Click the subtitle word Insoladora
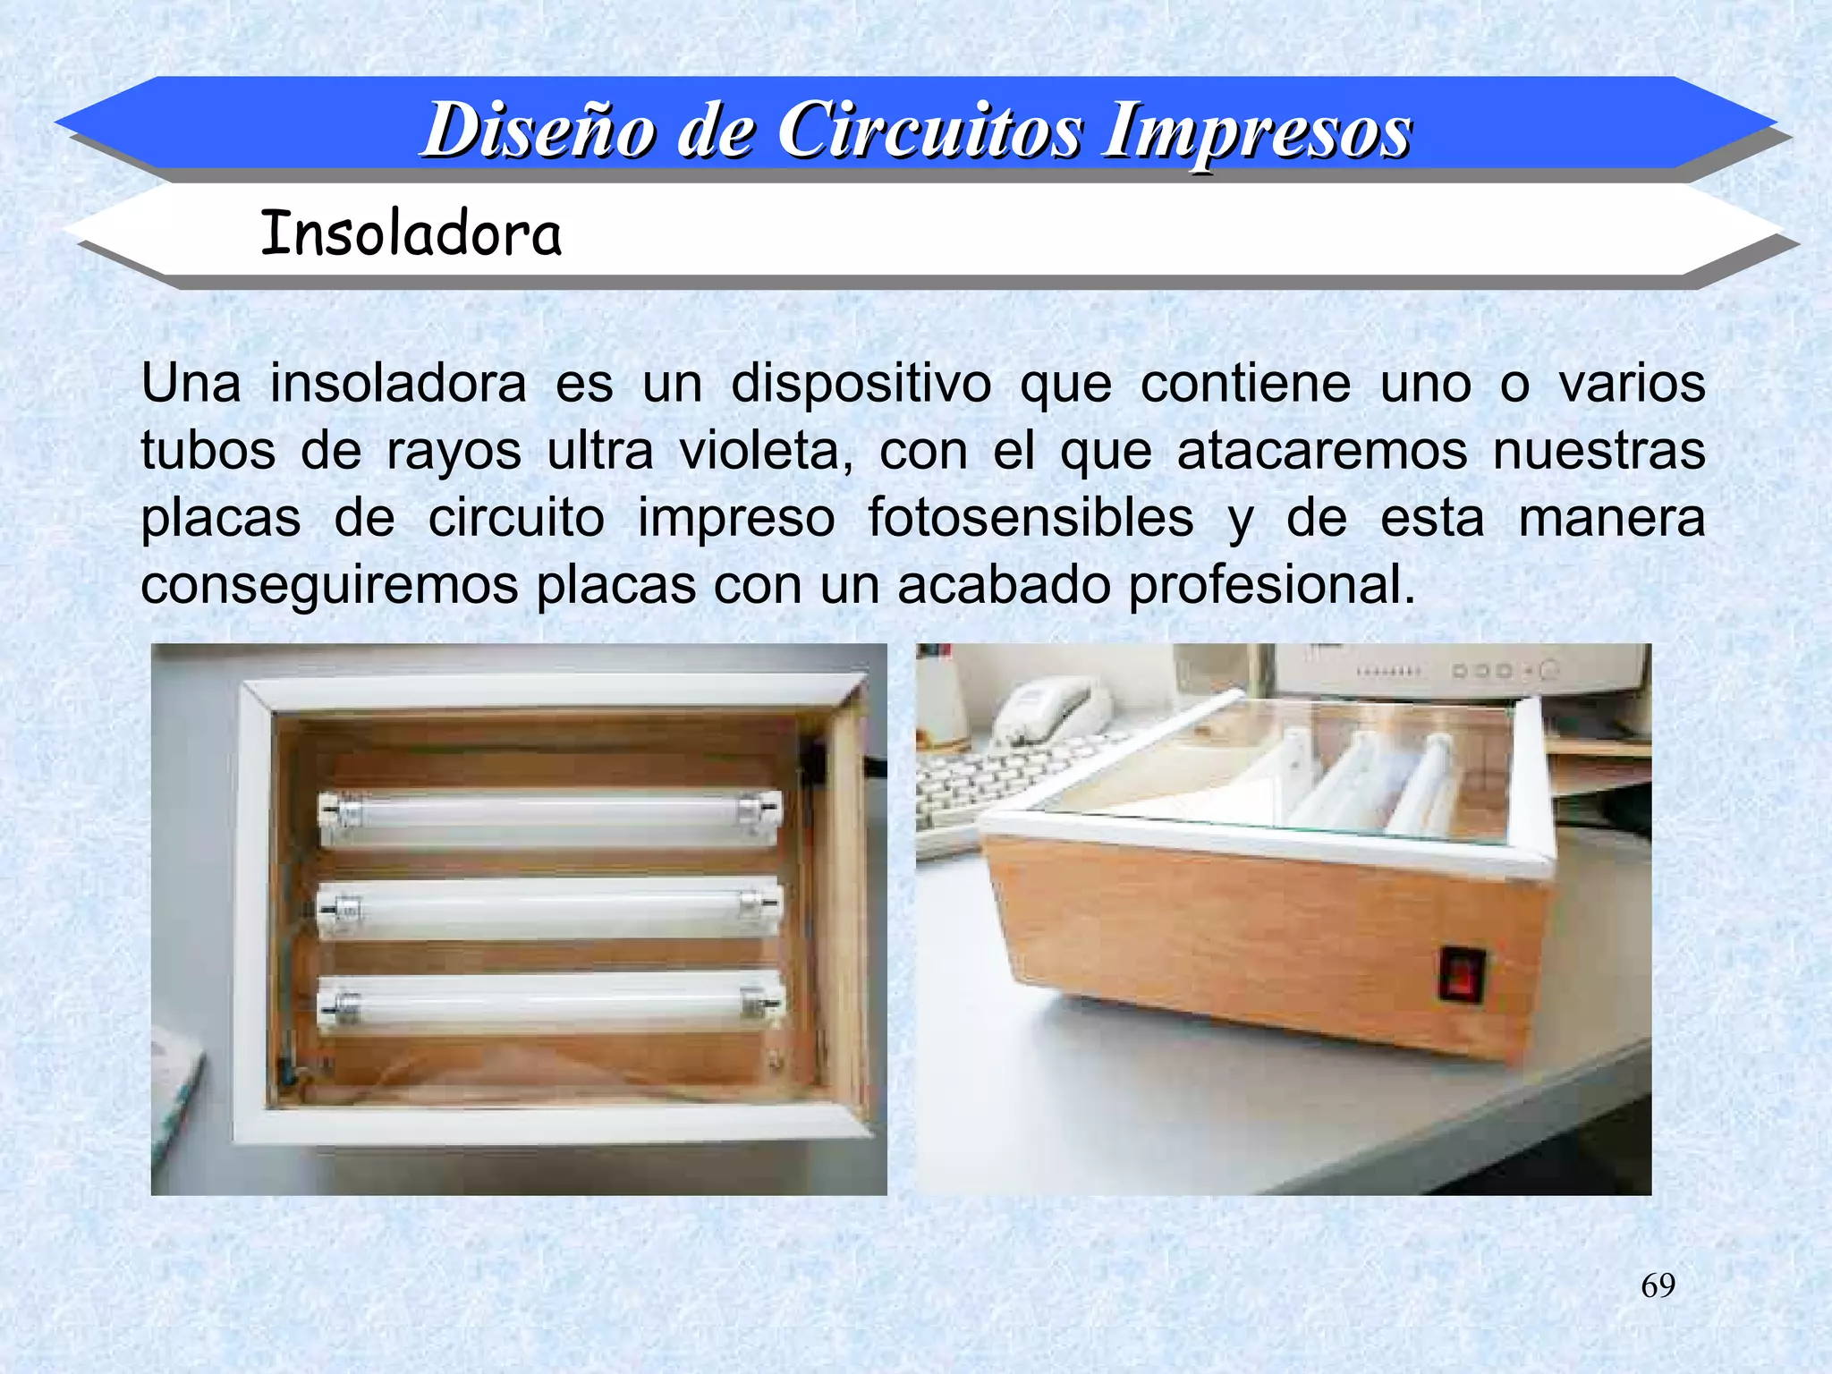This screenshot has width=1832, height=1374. pos(411,234)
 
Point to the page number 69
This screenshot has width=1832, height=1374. pos(1658,1285)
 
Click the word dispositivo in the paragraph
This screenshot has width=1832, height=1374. pos(861,384)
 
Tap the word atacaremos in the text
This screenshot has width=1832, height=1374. pos(1322,451)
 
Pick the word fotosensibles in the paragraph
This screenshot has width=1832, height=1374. pos(1030,518)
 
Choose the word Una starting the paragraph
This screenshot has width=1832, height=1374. pos(191,384)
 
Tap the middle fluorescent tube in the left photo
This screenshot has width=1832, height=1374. pos(549,907)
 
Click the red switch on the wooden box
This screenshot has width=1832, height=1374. pos(1461,974)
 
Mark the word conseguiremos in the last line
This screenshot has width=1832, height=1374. pos(329,585)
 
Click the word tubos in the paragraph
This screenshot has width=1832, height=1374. pos(208,451)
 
